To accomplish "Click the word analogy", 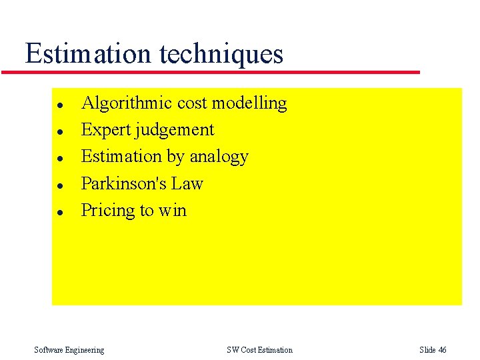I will (219, 157).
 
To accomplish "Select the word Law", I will (187, 183).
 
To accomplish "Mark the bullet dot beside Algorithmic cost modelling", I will (59, 105).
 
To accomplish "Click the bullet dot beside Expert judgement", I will (59, 132).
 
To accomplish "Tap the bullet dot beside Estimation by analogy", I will (59, 159).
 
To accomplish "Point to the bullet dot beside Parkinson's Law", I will (59, 185).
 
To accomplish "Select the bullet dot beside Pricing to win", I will (59, 213).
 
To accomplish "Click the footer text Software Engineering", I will (69, 350).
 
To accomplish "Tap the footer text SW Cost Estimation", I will (259, 350).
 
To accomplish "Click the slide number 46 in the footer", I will (442, 350).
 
